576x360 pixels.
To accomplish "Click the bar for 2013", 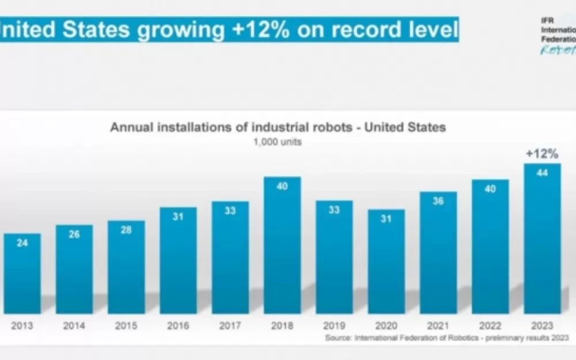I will [x=22, y=274].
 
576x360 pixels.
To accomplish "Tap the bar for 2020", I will [x=386, y=262].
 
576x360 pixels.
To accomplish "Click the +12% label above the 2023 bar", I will [x=542, y=154].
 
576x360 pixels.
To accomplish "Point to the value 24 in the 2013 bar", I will [x=22, y=243].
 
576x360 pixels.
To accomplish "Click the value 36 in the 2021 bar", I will [x=438, y=202].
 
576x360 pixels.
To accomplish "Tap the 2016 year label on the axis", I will [x=178, y=326].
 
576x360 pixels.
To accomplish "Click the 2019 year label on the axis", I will [x=334, y=326].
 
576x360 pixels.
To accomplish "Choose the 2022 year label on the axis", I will [x=490, y=326].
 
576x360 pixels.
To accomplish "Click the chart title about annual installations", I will [x=278, y=127].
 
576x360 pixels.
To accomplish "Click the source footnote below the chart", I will [x=447, y=338].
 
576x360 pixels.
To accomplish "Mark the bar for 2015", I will [x=126, y=267].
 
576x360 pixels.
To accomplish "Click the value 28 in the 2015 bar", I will [x=126, y=230].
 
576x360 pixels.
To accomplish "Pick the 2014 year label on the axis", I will [x=74, y=326].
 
